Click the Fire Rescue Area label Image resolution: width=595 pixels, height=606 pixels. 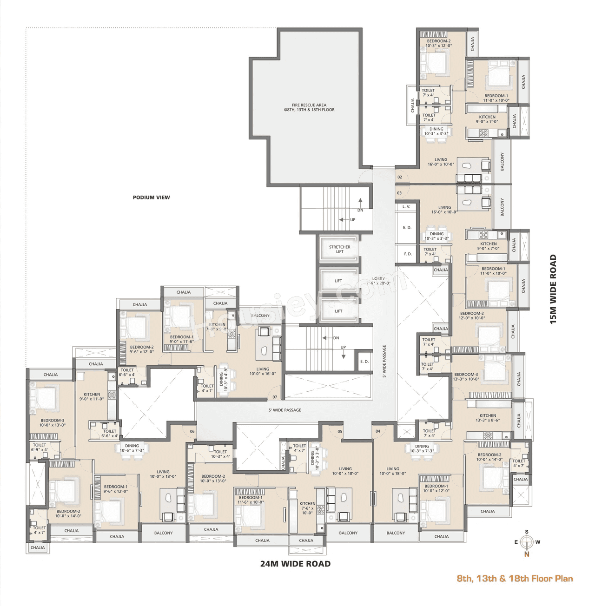pyautogui.click(x=309, y=107)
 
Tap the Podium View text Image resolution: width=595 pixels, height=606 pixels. pyautogui.click(x=151, y=198)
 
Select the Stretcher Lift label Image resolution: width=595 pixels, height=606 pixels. pyautogui.click(x=340, y=250)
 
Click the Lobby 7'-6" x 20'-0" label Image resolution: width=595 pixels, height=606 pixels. pyautogui.click(x=378, y=281)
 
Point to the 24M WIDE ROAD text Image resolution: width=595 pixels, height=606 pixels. pyautogui.click(x=295, y=564)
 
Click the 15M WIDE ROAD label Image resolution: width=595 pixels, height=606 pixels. pyautogui.click(x=553, y=289)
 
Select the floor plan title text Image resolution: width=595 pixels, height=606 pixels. pyautogui.click(x=515, y=579)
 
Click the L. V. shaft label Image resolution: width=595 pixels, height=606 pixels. pyautogui.click(x=406, y=206)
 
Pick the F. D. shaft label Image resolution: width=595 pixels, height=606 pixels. pyautogui.click(x=408, y=254)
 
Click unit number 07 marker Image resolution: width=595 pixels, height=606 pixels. pyautogui.click(x=275, y=397)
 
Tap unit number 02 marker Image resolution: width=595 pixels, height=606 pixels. pyautogui.click(x=400, y=177)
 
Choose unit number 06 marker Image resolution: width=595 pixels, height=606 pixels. pyautogui.click(x=192, y=431)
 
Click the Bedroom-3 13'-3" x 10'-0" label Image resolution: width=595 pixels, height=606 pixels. pyautogui.click(x=466, y=376)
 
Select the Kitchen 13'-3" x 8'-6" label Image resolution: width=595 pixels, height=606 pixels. pyautogui.click(x=488, y=418)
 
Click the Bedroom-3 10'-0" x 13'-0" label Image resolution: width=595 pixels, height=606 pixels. pyautogui.click(x=52, y=422)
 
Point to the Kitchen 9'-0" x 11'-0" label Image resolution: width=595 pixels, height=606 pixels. pyautogui.click(x=92, y=396)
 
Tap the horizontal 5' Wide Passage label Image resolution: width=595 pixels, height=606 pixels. pyautogui.click(x=284, y=410)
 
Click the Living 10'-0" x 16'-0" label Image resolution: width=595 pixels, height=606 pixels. pyautogui.click(x=263, y=371)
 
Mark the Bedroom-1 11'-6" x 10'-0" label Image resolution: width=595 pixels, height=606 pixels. pyautogui.click(x=251, y=500)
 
